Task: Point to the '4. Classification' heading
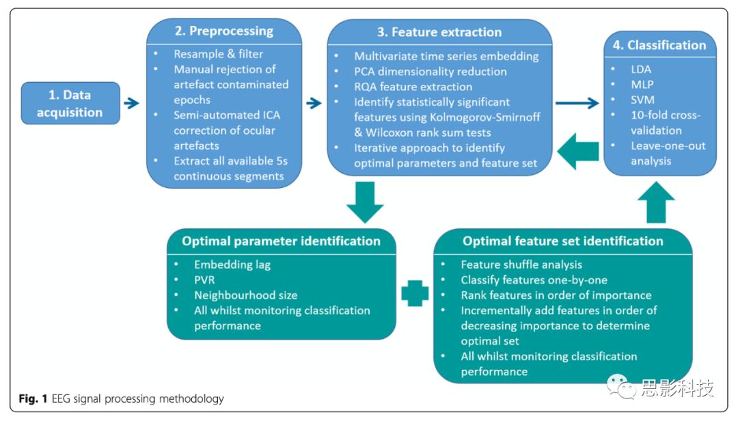(x=657, y=45)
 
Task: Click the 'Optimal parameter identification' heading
(x=281, y=241)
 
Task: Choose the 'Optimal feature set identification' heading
(x=562, y=241)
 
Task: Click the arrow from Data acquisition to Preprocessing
(x=131, y=103)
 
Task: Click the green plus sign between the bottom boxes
(x=414, y=292)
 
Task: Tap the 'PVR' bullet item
(x=206, y=280)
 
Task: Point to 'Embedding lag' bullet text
(x=232, y=264)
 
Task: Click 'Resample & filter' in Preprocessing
(x=218, y=54)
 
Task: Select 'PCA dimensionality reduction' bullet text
(x=430, y=71)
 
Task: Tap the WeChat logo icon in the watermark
(x=620, y=388)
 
